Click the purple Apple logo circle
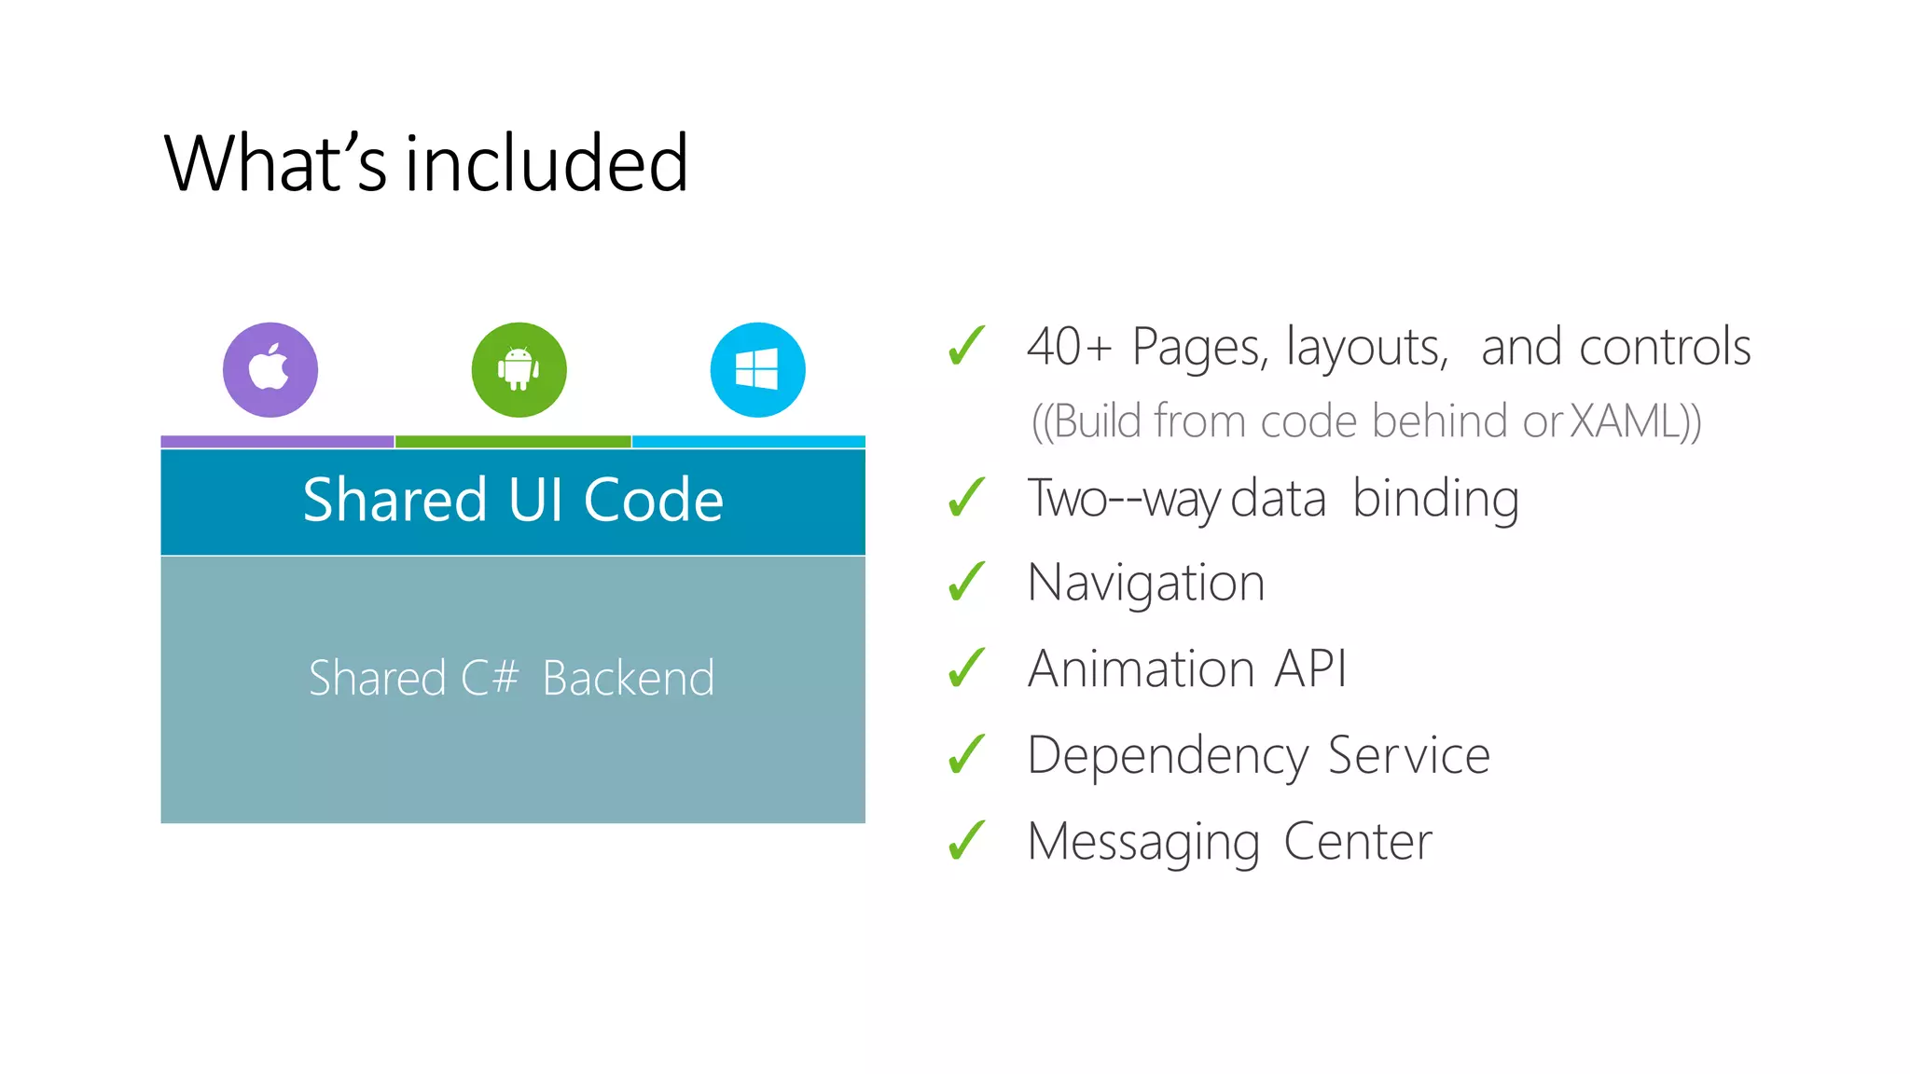[270, 370]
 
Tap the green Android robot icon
[519, 370]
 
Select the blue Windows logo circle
[757, 370]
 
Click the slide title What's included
[426, 163]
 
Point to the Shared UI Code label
[513, 500]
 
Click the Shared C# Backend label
[511, 678]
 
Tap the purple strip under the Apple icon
[277, 442]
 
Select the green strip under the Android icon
[513, 442]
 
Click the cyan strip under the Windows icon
[749, 442]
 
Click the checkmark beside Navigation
[967, 583]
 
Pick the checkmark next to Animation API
[967, 668]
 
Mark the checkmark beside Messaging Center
[967, 841]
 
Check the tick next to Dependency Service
[967, 755]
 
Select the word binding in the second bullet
[1435, 499]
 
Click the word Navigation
[1146, 584]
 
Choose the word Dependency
[1168, 756]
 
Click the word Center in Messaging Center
[1358, 842]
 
